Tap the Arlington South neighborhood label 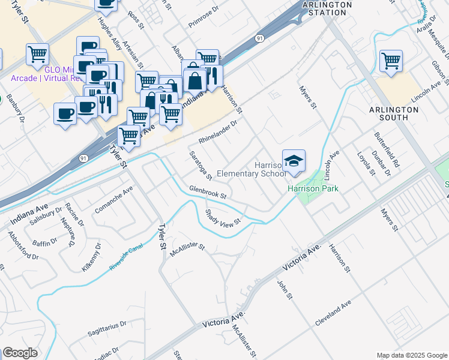point(394,113)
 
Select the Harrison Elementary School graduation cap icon point(294,161)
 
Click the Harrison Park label point(313,188)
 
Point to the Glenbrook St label point(207,192)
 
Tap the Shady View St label point(223,217)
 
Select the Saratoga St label point(200,164)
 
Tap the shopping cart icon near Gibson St point(391,61)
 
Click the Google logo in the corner point(19,353)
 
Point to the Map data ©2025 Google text point(412,355)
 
